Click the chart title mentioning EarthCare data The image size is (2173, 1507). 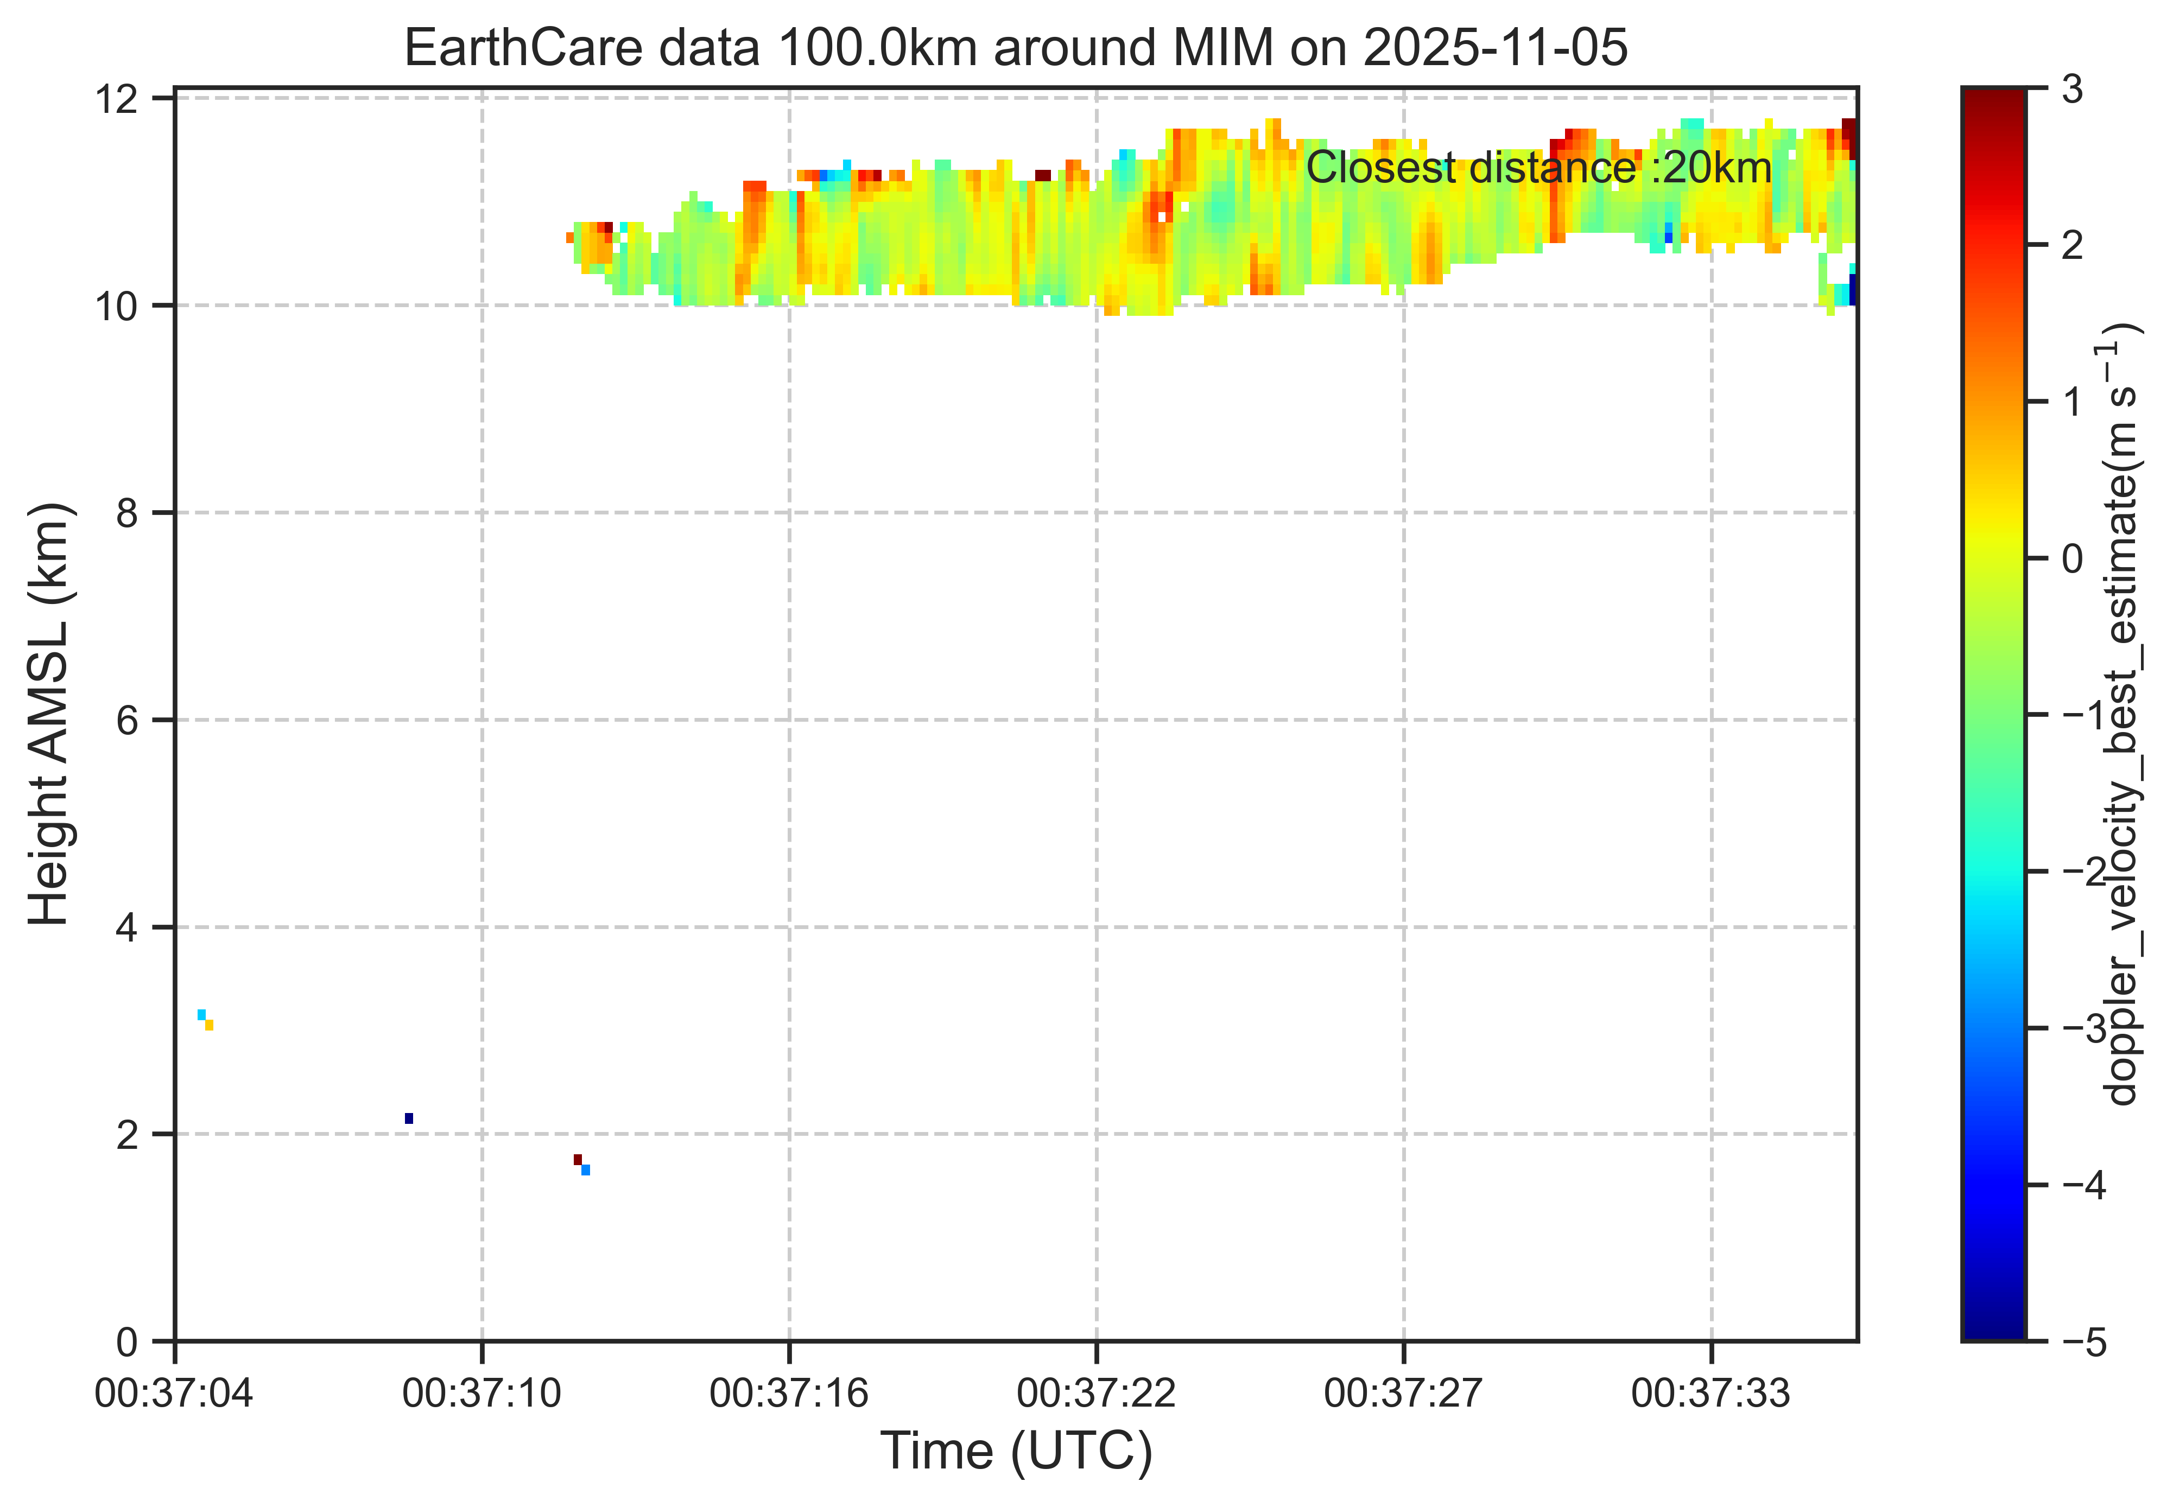click(1016, 47)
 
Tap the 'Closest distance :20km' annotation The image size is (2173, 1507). click(1538, 169)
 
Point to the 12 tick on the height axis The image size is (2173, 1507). click(117, 98)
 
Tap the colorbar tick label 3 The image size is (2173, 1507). click(2072, 90)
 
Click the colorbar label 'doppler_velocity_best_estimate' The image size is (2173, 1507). click(2122, 714)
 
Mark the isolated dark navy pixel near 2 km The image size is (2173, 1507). click(409, 1118)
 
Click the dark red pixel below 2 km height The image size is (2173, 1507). click(578, 1160)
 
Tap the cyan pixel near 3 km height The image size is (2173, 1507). click(201, 1014)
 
